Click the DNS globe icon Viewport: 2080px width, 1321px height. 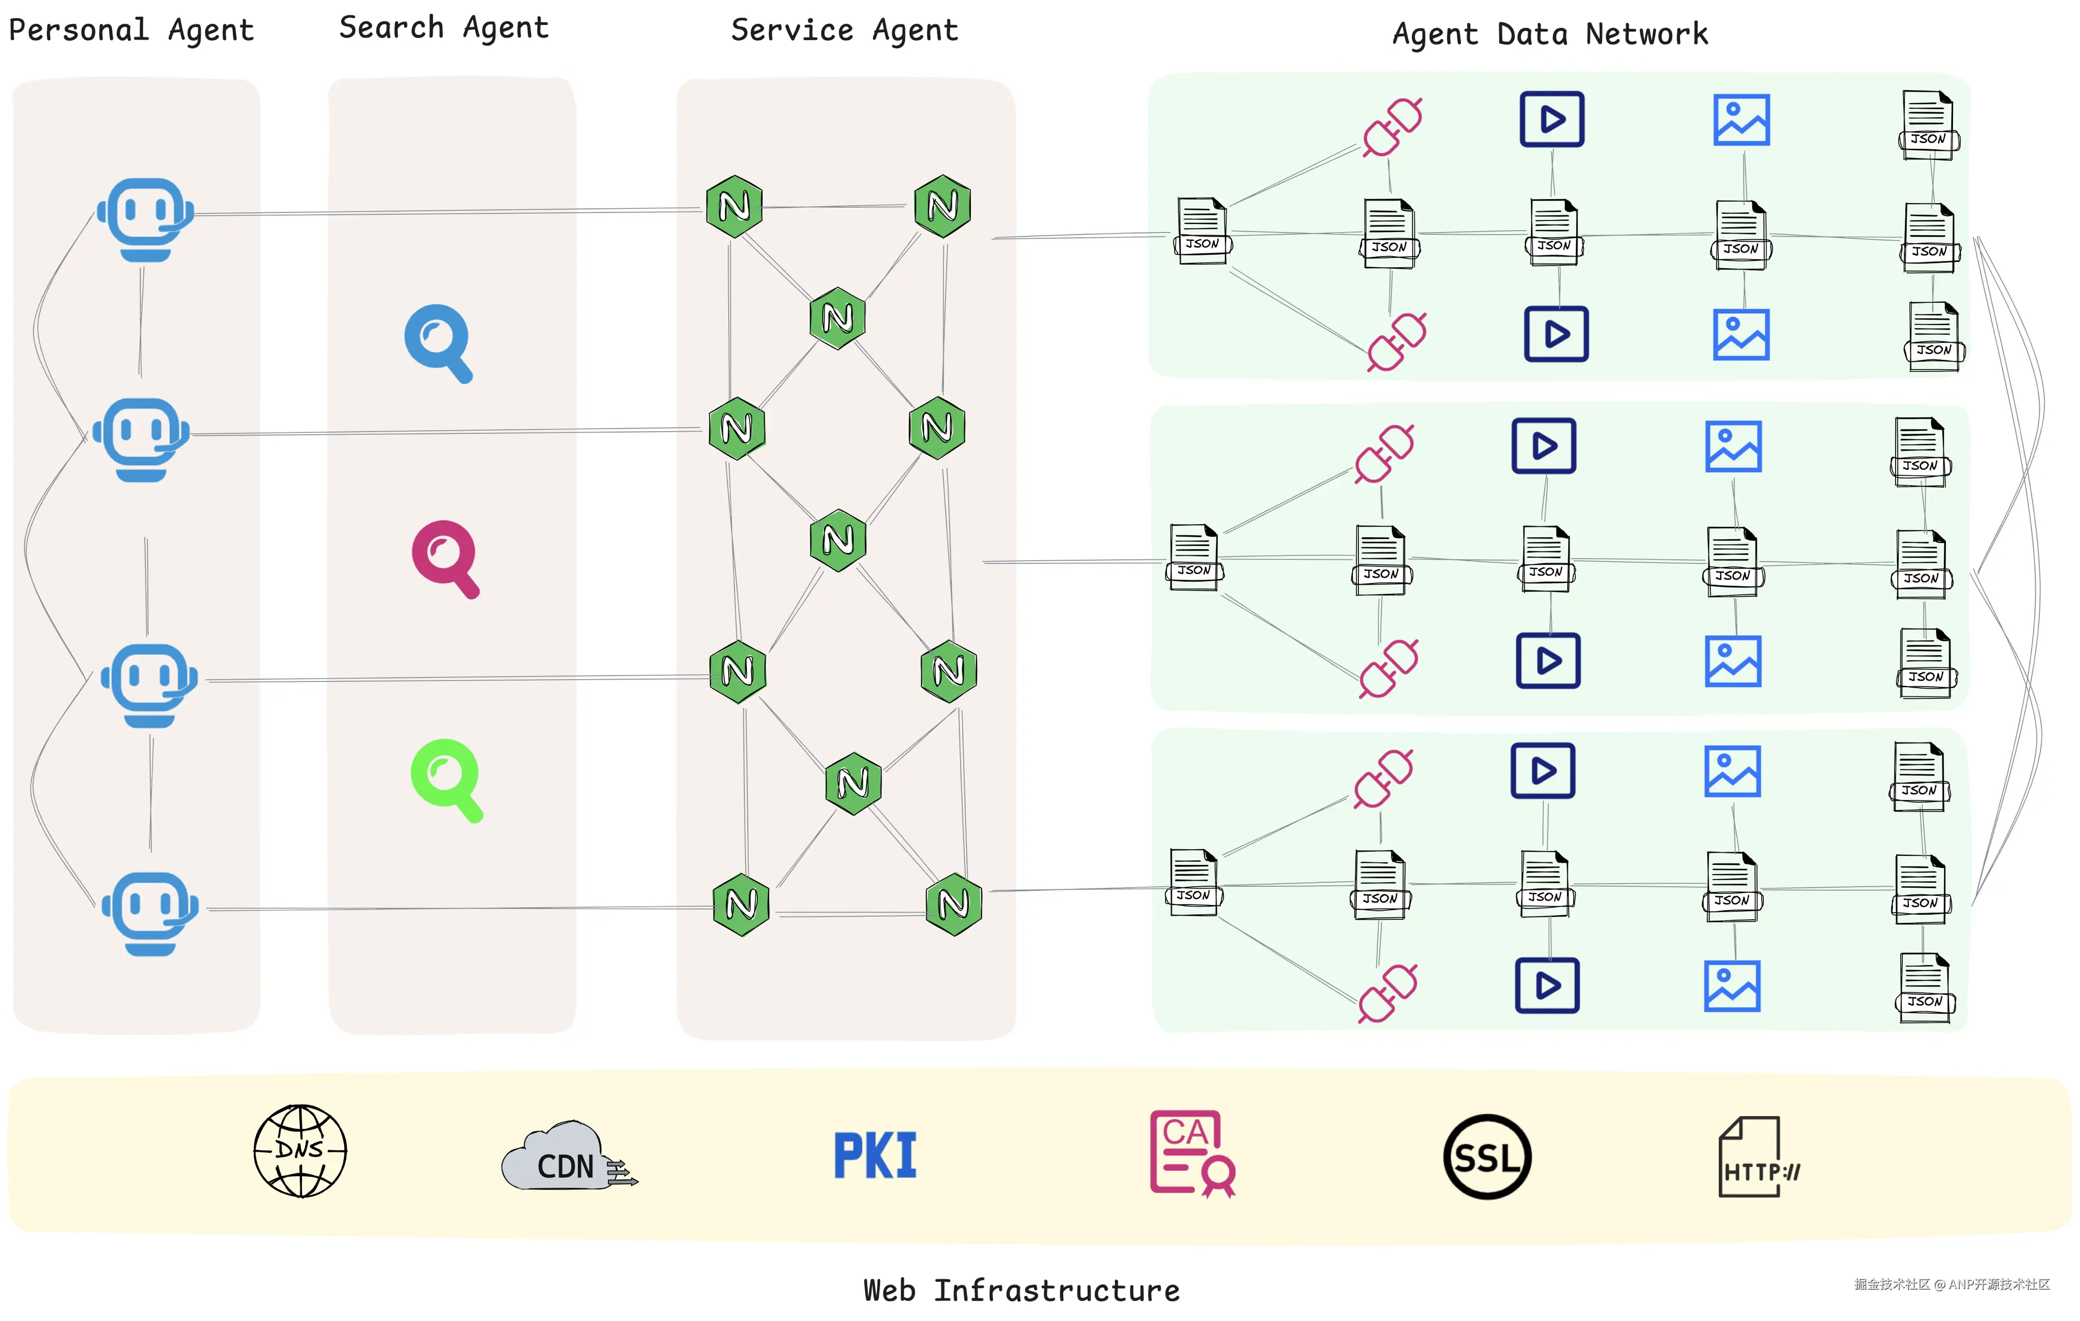tap(300, 1151)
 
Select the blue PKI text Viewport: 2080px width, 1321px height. tap(874, 1156)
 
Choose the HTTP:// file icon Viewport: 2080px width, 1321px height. tap(1756, 1157)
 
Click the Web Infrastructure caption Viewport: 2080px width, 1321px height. tap(1021, 1290)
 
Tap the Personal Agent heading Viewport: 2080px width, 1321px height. tap(132, 30)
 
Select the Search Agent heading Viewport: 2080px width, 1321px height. tap(443, 27)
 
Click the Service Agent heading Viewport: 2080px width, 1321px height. tap(844, 30)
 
